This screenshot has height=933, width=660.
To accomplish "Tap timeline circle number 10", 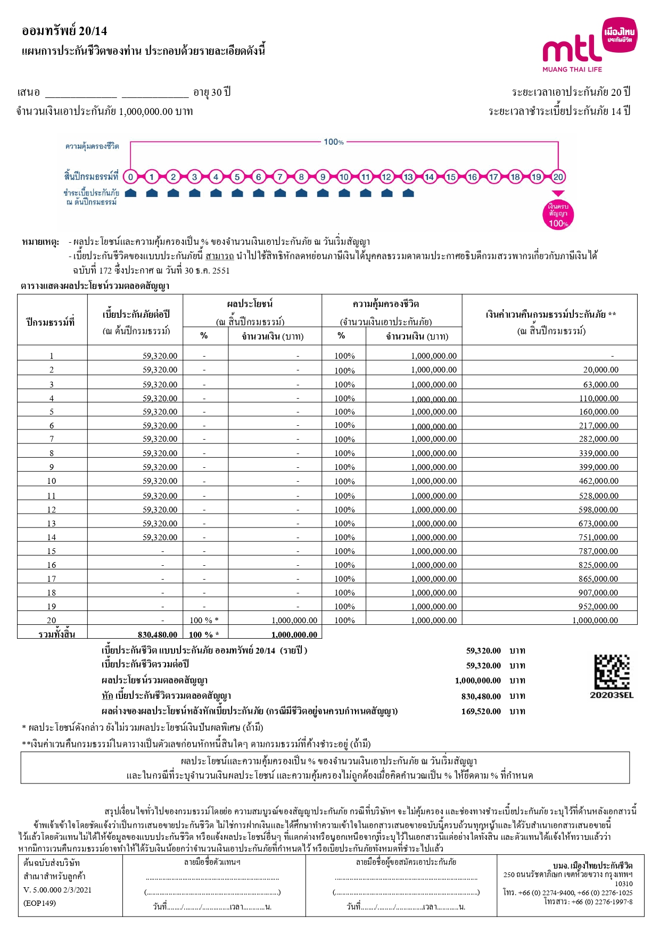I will [344, 177].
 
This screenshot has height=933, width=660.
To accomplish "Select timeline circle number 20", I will [558, 177].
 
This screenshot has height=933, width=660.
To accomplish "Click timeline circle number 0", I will [130, 177].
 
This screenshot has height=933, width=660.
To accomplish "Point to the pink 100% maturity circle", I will [558, 214].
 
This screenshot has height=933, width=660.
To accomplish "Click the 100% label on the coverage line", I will [334, 142].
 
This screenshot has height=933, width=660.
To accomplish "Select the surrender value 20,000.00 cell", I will [600, 370].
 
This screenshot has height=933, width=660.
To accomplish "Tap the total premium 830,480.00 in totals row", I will [158, 634].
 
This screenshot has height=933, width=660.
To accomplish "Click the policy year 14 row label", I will [52, 538].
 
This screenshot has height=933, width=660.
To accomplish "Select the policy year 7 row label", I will [52, 439].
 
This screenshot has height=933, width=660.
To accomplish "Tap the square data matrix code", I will [612, 672].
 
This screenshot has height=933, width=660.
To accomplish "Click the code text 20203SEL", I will [612, 695].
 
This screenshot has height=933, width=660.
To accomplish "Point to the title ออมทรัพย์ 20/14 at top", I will [64, 31].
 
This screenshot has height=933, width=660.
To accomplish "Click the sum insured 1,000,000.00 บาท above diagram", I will [155, 112].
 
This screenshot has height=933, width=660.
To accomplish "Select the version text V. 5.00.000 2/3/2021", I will [57, 890].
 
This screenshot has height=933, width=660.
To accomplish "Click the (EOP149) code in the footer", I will [39, 903].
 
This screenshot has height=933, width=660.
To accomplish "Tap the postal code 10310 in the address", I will [623, 884].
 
